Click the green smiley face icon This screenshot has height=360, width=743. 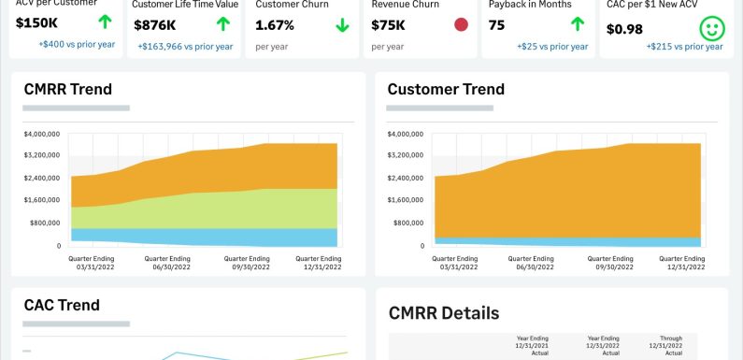(x=713, y=27)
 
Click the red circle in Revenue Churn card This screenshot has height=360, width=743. (x=461, y=24)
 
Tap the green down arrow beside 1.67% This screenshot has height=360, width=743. (x=342, y=25)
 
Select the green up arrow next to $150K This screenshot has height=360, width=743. (x=105, y=21)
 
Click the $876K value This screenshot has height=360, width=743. (x=154, y=25)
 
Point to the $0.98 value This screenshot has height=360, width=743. (x=624, y=29)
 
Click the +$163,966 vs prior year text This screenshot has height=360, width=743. (x=185, y=46)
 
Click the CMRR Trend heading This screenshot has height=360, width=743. (x=67, y=90)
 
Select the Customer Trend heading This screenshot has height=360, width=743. (x=446, y=90)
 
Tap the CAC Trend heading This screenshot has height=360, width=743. (x=61, y=305)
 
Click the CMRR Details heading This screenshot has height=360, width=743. (x=443, y=313)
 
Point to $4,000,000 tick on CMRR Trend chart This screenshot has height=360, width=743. (x=42, y=134)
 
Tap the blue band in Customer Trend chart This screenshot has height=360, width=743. (x=561, y=241)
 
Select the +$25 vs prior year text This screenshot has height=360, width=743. (x=552, y=46)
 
